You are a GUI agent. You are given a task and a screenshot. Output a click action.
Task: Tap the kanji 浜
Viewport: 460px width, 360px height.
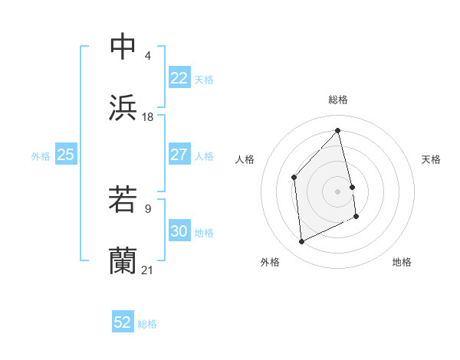pos(123,108)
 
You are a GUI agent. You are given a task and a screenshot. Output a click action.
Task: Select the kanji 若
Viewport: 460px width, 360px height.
pos(123,200)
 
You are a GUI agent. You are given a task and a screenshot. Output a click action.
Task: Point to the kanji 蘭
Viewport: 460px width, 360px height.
pos(123,261)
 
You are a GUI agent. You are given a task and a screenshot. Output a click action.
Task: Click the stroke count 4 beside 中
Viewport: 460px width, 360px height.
pos(147,55)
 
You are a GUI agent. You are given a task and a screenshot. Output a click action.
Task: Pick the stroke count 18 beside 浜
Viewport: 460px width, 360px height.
pos(148,116)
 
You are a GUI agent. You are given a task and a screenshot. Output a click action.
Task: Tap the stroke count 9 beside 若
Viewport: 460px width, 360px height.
pos(147,207)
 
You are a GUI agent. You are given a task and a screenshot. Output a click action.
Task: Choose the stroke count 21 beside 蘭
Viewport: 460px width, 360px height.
pos(148,269)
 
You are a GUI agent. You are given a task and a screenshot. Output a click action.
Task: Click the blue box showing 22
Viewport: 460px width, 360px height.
pos(179,78)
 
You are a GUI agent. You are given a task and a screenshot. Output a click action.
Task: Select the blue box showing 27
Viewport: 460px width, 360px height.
pos(179,154)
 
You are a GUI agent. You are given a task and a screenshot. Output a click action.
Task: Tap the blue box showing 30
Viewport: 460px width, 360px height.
pos(179,231)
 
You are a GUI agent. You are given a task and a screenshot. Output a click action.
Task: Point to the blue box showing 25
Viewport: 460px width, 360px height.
pos(65,155)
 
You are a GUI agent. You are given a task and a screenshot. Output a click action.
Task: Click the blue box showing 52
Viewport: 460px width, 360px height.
pos(123,322)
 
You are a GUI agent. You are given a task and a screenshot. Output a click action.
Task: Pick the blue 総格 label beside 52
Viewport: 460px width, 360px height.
pos(147,324)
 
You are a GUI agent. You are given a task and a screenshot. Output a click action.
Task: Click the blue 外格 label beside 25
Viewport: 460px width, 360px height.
pos(41,156)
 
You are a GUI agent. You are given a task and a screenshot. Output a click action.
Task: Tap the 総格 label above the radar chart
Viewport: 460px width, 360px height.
pos(338,100)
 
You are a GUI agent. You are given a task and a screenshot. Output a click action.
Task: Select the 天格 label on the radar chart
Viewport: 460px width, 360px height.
pos(432,159)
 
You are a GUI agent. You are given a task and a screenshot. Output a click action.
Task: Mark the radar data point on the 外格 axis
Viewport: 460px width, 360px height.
pos(301,242)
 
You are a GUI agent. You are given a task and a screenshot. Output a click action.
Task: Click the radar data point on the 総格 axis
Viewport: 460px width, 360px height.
pos(338,130)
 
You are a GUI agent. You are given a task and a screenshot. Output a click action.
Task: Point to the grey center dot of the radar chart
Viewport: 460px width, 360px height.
pos(338,191)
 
